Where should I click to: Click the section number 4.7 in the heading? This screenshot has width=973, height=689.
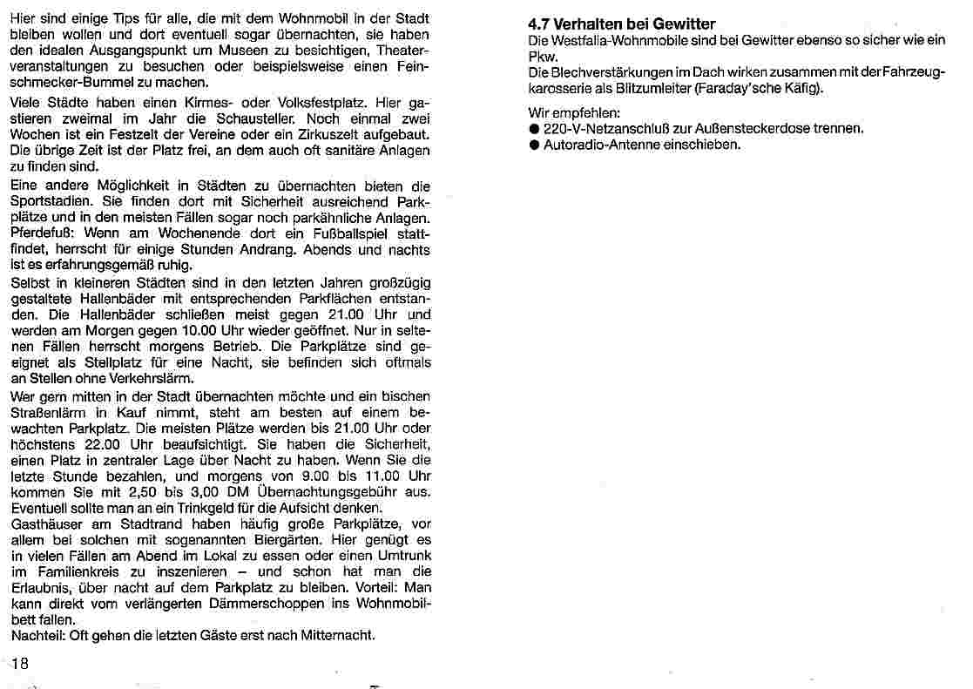(540, 24)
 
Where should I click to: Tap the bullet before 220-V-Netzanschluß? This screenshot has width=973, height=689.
(534, 129)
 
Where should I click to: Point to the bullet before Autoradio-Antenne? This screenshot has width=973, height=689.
(534, 145)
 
